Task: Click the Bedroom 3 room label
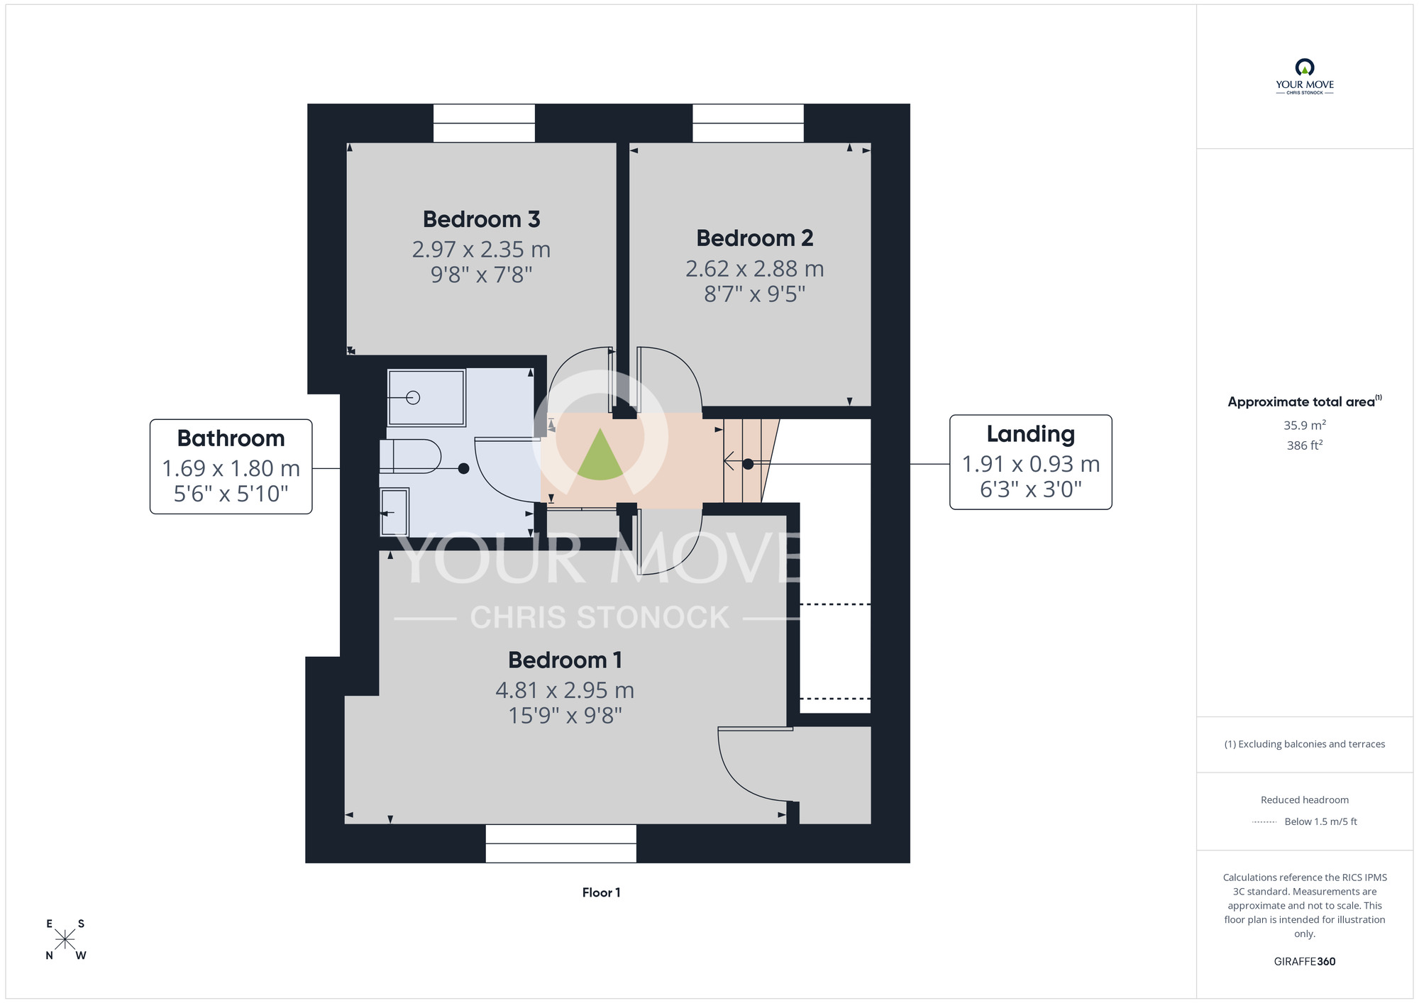coord(481,219)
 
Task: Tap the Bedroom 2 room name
coord(754,238)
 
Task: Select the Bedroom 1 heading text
coord(565,660)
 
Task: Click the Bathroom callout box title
coord(231,438)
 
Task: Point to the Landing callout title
coord(1030,434)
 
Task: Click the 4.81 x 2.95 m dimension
coord(565,689)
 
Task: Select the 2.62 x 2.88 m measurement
coord(754,269)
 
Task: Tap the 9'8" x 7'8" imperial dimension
coord(481,275)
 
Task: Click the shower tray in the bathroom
coord(426,397)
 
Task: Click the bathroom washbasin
coord(394,512)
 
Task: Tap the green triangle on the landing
coord(600,455)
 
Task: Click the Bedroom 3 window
coord(484,123)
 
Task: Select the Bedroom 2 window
coord(748,123)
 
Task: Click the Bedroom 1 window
coord(561,843)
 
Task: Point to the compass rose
coord(65,940)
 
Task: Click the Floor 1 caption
coord(601,892)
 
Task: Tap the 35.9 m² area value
coord(1304,425)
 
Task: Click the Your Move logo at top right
coord(1304,77)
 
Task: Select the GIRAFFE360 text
coord(1304,962)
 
